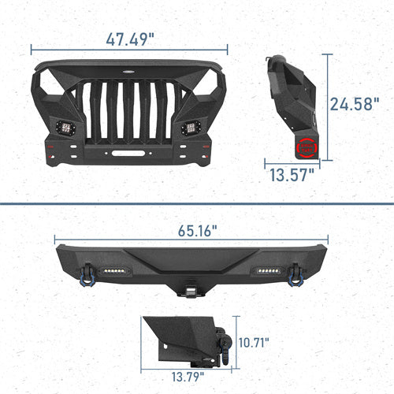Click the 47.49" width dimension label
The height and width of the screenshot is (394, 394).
coord(130,39)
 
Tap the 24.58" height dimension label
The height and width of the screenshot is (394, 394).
coord(355,104)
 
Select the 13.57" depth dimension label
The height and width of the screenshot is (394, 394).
coord(292,175)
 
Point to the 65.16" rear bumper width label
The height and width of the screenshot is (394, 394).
coord(198,231)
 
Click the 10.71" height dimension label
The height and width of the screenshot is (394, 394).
coord(254,343)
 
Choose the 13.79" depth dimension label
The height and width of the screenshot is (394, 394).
coord(188,377)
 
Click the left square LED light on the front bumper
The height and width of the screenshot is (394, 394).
coord(65,128)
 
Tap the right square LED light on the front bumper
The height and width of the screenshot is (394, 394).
coord(191,128)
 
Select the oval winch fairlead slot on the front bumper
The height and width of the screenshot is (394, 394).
coord(128,153)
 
